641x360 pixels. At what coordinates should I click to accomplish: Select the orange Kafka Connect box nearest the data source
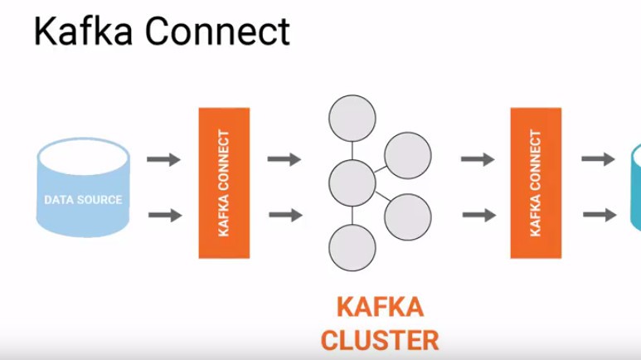[x=223, y=182]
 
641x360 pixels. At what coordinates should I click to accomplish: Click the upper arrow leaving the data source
[x=164, y=159]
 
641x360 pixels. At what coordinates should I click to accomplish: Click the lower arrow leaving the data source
[x=164, y=216]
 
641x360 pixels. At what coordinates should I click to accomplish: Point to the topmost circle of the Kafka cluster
[x=352, y=120]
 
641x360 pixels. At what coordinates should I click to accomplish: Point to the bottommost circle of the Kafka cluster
[x=352, y=248]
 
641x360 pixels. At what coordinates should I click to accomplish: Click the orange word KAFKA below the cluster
[x=380, y=307]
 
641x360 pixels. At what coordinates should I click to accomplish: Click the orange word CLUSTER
[x=380, y=341]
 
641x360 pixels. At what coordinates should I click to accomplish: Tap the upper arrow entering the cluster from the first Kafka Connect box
[x=284, y=159]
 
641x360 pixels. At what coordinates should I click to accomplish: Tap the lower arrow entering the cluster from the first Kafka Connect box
[x=284, y=216]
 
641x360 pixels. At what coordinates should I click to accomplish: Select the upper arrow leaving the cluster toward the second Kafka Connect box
[x=478, y=159]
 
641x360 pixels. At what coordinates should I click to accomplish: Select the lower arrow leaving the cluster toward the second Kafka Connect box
[x=478, y=216]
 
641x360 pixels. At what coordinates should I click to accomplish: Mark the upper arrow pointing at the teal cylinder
[x=597, y=159]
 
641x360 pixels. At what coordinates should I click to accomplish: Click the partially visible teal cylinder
[x=635, y=187]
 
